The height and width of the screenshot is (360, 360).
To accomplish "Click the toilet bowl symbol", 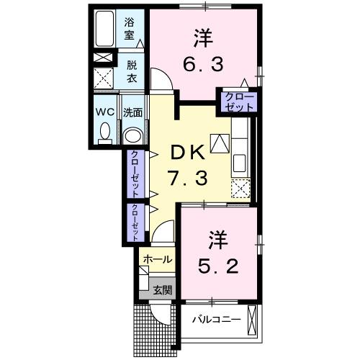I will (x=105, y=132).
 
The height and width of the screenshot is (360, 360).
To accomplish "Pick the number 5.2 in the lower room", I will (x=217, y=268).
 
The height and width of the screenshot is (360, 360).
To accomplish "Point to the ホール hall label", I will (x=157, y=258).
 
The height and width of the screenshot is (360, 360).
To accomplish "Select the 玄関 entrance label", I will (x=162, y=290).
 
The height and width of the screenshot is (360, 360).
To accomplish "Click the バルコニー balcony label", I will (x=215, y=317).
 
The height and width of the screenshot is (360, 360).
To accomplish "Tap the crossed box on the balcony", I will (x=251, y=317).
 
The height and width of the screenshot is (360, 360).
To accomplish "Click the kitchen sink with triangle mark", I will (x=238, y=144).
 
